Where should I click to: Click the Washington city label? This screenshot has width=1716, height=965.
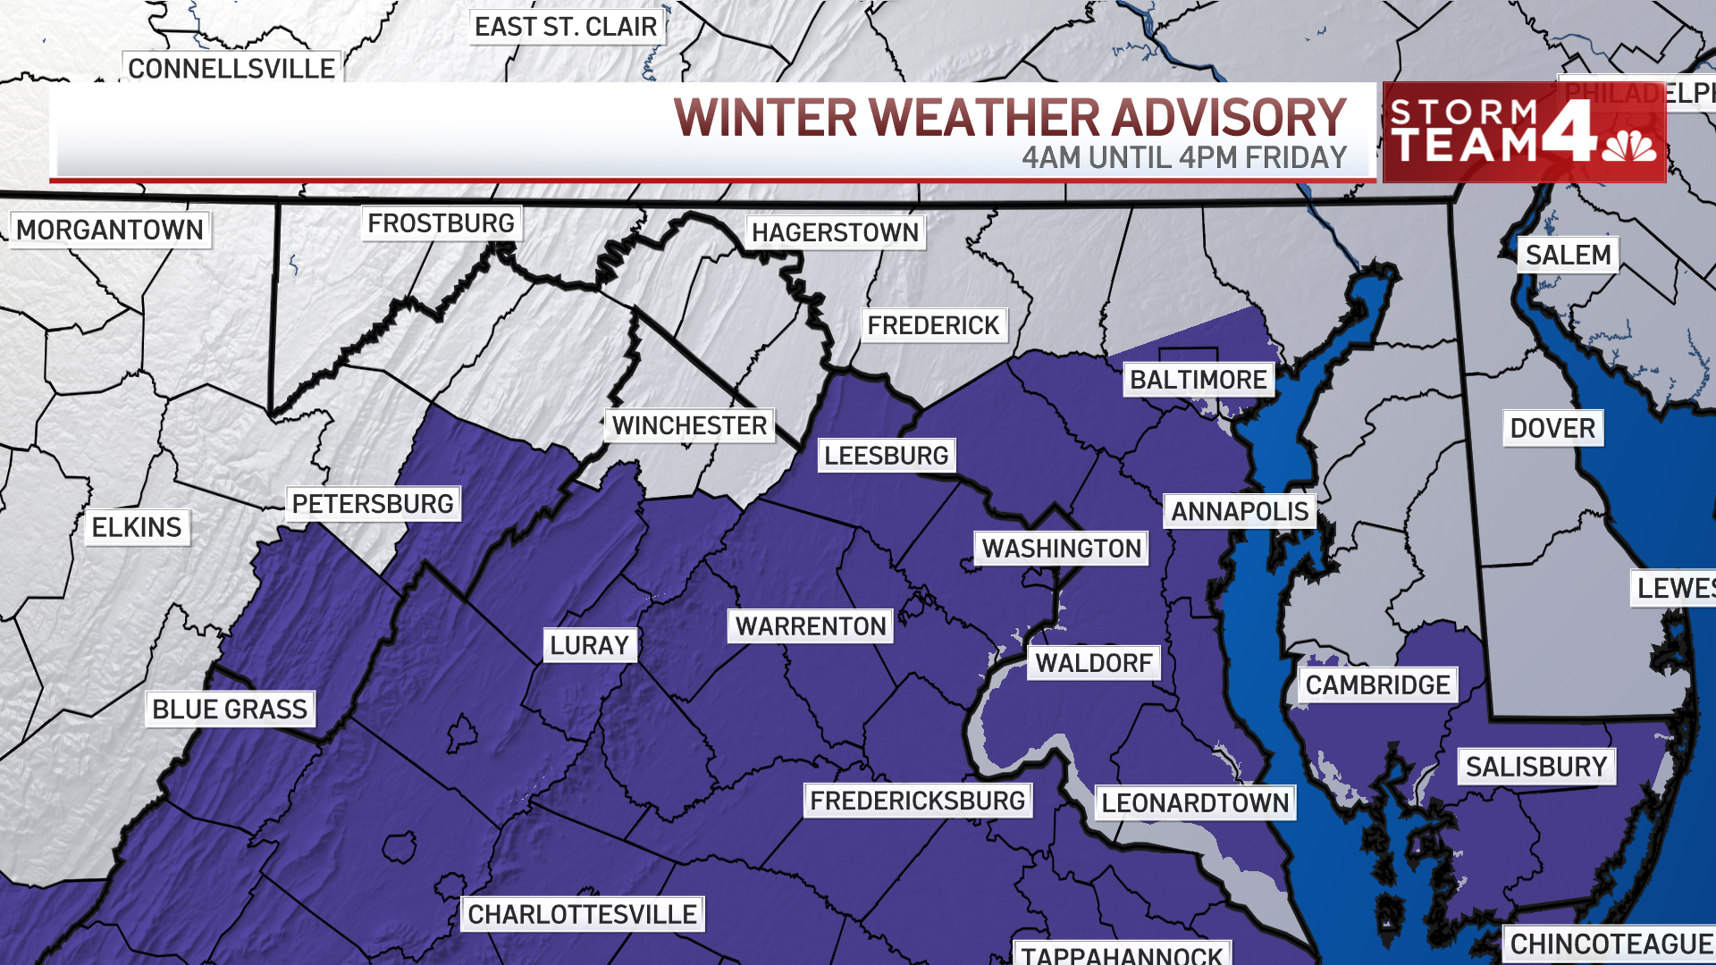[1062, 548]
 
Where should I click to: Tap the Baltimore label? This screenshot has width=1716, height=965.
[1198, 380]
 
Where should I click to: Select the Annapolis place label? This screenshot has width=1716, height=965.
[1240, 511]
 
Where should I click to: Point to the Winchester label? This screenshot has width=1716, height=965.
[689, 425]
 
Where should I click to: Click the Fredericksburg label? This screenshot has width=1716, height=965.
[918, 801]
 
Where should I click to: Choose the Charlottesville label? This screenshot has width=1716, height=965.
[582, 914]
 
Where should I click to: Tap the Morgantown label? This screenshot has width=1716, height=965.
[110, 230]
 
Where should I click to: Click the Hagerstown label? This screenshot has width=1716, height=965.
[835, 232]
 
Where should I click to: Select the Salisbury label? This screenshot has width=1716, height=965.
[1536, 767]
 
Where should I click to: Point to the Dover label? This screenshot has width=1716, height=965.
[1552, 428]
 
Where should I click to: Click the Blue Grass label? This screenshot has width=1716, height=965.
[230, 709]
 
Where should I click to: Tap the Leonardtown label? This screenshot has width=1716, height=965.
[1195, 802]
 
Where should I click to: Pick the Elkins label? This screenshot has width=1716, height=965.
[137, 527]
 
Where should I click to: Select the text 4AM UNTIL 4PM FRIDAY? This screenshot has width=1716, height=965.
[1184, 157]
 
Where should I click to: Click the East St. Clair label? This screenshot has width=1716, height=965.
[566, 27]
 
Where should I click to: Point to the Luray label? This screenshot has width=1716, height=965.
[589, 645]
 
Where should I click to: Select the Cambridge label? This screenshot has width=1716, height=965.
[1377, 685]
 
